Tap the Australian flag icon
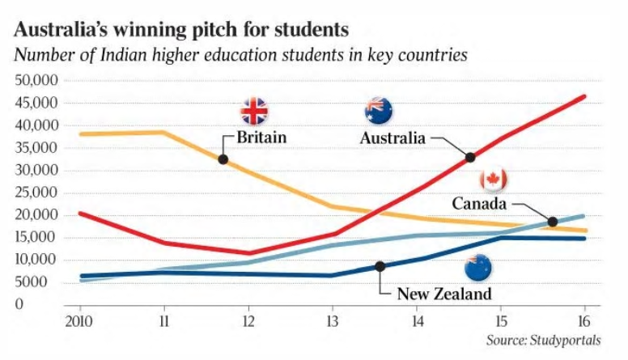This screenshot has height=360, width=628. [x=378, y=111]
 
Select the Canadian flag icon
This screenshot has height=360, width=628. [x=493, y=180]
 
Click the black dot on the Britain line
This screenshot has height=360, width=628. [x=223, y=159]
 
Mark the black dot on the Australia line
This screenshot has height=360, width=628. [x=470, y=157]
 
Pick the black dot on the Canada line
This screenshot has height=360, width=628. [x=553, y=222]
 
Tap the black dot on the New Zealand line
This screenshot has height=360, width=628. [x=380, y=266]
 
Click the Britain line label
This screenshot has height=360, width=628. [x=261, y=138]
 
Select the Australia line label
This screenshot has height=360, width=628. [x=392, y=138]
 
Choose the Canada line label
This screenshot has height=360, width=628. [x=480, y=203]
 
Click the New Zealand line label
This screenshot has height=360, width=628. [x=443, y=294]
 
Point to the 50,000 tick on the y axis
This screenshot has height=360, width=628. [x=34, y=81]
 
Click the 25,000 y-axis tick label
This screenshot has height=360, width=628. [x=34, y=193]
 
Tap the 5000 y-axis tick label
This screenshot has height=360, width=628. [x=37, y=282]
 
